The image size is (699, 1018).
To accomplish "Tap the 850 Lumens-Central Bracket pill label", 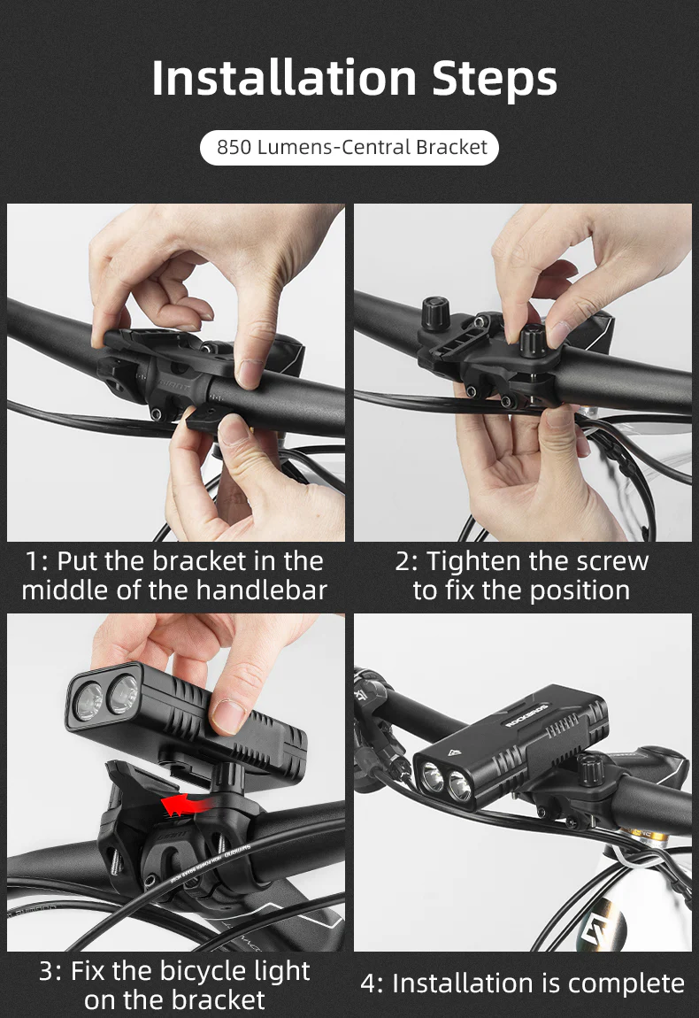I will pos(351,147).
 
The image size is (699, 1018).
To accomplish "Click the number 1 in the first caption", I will pos(34,561).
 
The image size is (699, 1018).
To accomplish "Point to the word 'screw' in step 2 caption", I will pos(605,561).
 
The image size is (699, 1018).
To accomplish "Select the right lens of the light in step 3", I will pos(123,693).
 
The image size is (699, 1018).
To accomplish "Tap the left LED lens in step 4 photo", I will pos(432,779).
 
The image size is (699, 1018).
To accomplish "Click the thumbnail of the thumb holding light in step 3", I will pos(228,714).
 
